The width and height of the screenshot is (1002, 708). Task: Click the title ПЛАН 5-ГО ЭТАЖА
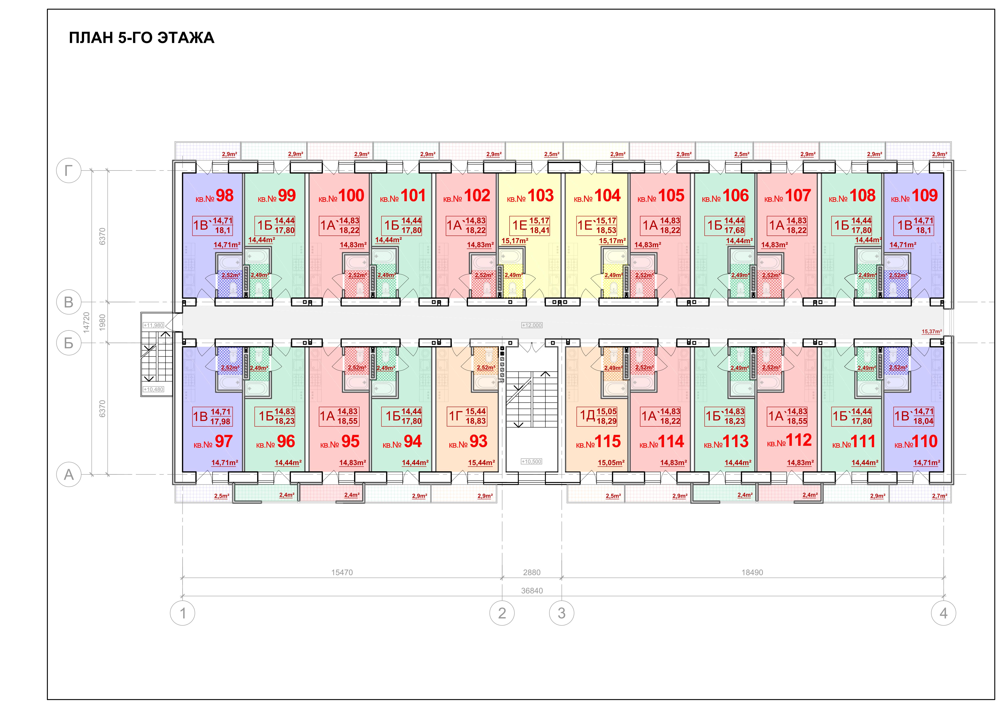pos(142,38)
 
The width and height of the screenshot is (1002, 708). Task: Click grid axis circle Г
pos(69,171)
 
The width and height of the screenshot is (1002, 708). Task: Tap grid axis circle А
pos(69,475)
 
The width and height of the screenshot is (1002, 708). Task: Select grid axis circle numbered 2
pos(502,613)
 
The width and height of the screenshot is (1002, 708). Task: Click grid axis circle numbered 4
pos(943,613)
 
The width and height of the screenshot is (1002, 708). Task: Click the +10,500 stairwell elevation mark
pos(532,462)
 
